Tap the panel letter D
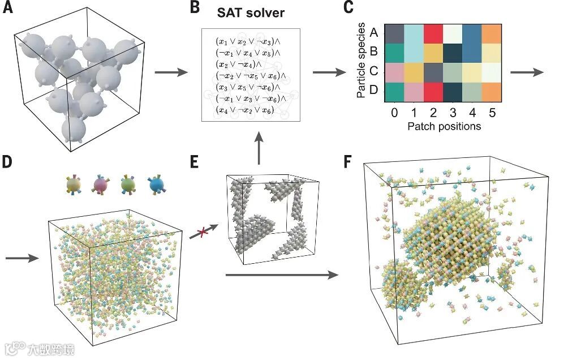pos(8,162)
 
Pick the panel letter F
pos(350,162)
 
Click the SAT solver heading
pos(252,13)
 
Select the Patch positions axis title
pos(444,126)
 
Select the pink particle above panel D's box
pos(101,185)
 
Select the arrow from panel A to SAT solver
pos(170,72)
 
